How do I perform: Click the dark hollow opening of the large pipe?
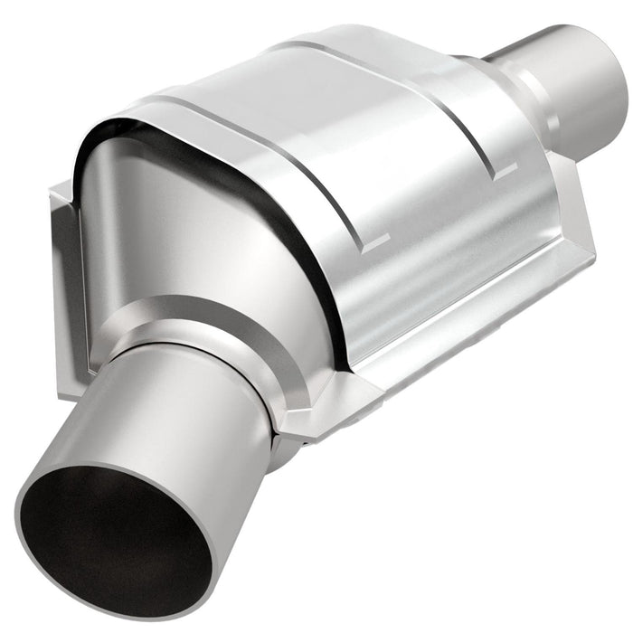113,543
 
